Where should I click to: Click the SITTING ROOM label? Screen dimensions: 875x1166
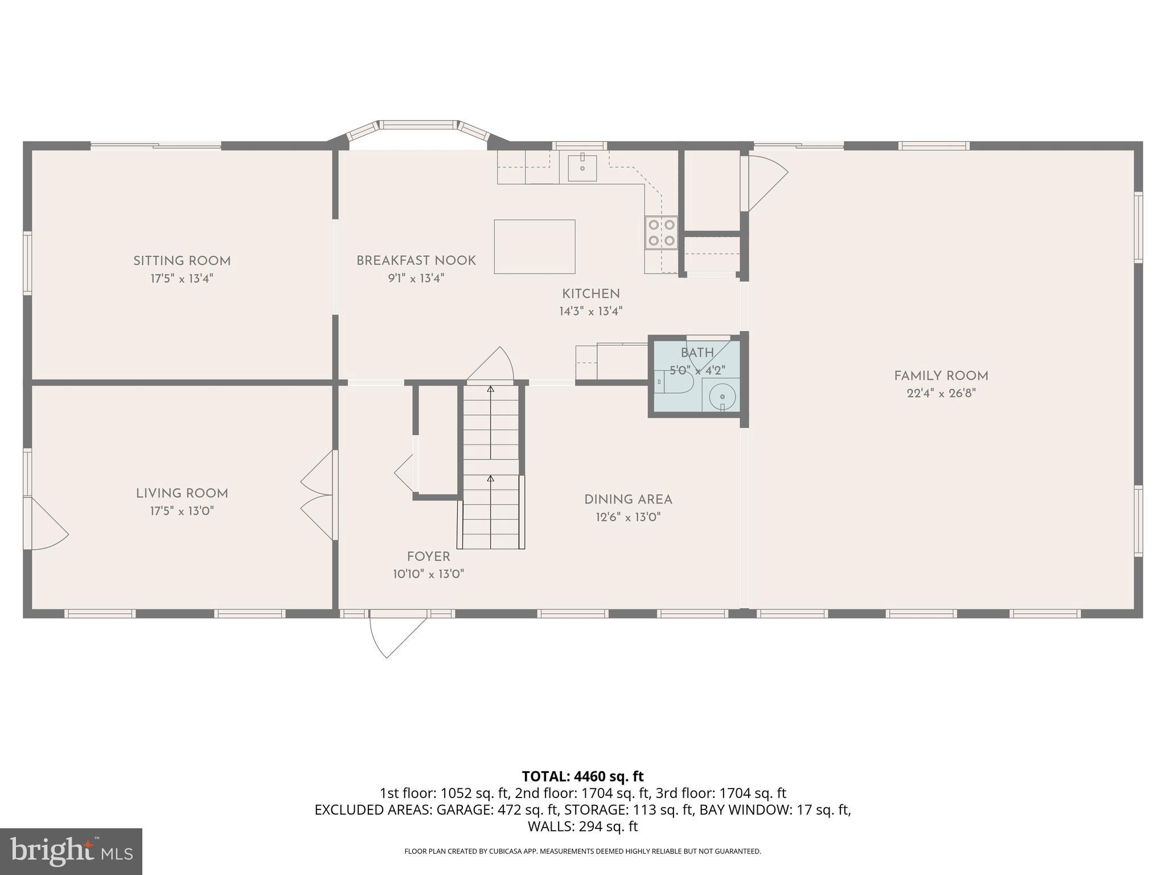pos(182,261)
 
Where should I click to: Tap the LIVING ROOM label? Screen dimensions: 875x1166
pos(182,493)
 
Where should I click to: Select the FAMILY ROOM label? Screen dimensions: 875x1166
pos(941,376)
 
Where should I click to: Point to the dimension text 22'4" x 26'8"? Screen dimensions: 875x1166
pos(941,394)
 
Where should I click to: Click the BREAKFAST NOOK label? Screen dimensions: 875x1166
pos(416,261)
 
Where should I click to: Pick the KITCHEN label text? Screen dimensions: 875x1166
pos(590,294)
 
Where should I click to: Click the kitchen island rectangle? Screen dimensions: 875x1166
pos(534,247)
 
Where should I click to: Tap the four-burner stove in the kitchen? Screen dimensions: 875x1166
pos(661,232)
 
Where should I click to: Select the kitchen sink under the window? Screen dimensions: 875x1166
pos(581,166)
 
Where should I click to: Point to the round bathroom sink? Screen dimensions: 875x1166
pos(721,395)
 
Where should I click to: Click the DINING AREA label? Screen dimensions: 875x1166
pos(627,500)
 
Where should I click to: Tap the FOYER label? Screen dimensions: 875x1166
pos(428,557)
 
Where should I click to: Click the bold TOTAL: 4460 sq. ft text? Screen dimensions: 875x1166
pos(582,776)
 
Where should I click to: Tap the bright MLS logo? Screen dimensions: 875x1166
pos(71,851)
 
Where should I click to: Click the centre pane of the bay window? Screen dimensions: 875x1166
pos(418,124)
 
